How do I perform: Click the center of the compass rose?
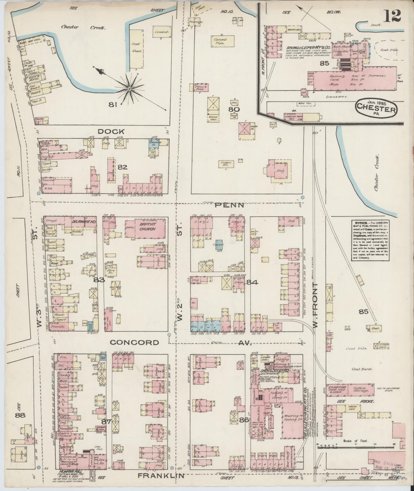130,89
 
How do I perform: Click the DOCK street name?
111,132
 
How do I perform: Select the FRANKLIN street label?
161,476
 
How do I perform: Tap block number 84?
252,282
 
